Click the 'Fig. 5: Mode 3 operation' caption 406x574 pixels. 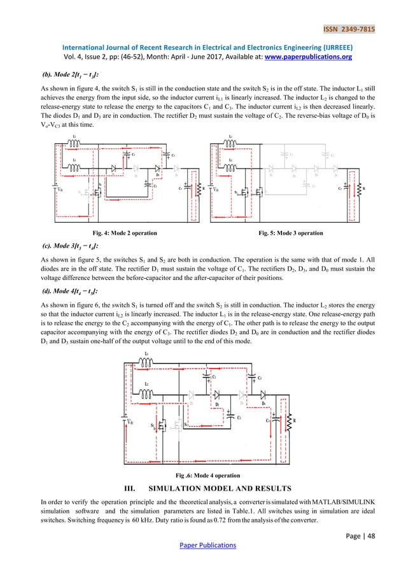click(x=290, y=234)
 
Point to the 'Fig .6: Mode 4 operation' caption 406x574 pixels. click(x=207, y=475)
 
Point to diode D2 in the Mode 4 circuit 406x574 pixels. click(x=218, y=395)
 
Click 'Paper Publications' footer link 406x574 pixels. click(x=202, y=545)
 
